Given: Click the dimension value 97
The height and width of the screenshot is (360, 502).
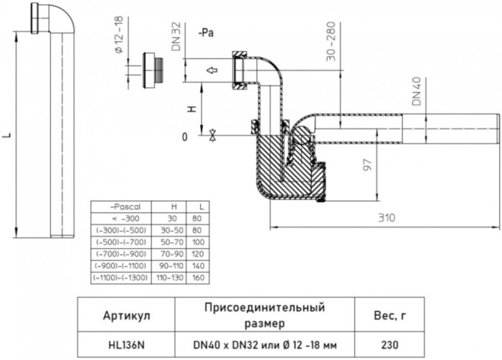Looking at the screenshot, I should click(x=366, y=166).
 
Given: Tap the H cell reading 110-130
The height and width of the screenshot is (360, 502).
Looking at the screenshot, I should click(x=171, y=276).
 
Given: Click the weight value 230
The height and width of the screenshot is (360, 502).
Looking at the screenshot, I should click(x=392, y=344).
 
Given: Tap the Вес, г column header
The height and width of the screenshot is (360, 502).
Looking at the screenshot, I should click(x=392, y=315).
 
